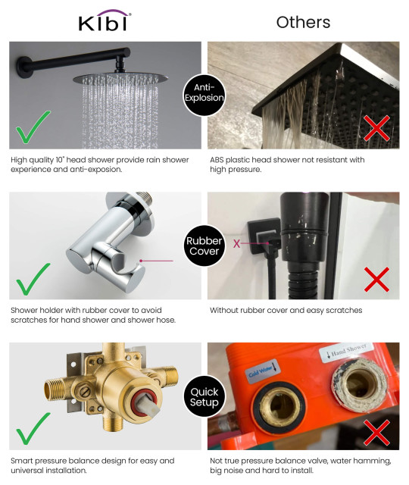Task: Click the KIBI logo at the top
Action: [105, 22]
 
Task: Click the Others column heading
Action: [303, 22]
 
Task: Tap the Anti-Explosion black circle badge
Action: [204, 93]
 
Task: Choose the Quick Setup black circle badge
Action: [204, 396]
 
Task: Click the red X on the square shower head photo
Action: [376, 128]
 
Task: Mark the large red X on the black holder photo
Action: [376, 279]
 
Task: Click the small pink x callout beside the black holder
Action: [236, 244]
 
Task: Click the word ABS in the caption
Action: [219, 160]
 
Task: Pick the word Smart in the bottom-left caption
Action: [24, 460]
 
